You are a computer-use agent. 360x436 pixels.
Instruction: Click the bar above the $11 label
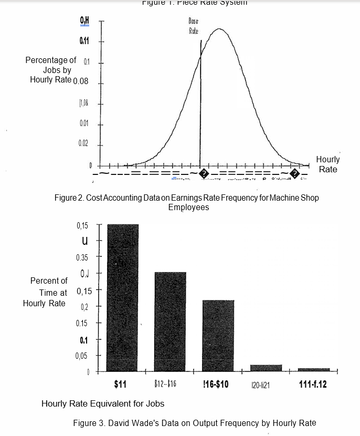[123, 297]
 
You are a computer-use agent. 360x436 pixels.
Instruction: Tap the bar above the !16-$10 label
[218, 335]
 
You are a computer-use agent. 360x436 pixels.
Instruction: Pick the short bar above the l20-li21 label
[266, 367]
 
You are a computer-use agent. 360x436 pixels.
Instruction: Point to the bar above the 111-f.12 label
[314, 369]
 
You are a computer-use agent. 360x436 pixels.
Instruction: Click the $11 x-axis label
[120, 385]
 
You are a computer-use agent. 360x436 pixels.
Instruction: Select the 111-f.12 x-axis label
[313, 385]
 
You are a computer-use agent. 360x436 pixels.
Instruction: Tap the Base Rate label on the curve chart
[194, 26]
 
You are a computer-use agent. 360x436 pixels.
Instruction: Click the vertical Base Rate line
[200, 105]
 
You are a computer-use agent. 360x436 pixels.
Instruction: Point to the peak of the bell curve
[219, 29]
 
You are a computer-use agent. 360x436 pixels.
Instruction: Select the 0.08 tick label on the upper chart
[82, 81]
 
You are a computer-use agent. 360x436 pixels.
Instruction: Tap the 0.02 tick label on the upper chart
[83, 143]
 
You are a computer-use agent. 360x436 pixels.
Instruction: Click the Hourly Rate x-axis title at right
[327, 164]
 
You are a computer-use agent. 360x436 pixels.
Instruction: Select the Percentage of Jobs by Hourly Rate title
[50, 70]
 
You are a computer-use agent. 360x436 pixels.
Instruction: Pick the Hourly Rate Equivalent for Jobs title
[103, 403]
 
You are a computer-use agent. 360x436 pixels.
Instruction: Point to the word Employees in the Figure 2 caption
[188, 207]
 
